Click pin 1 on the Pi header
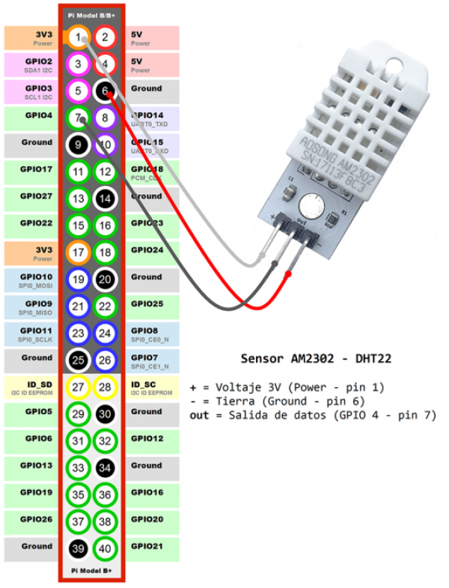(x=79, y=37)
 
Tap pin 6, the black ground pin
(x=106, y=91)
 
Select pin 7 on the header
(x=79, y=118)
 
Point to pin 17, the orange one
(x=79, y=252)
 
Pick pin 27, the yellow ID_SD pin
(x=79, y=387)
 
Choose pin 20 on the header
(x=106, y=279)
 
